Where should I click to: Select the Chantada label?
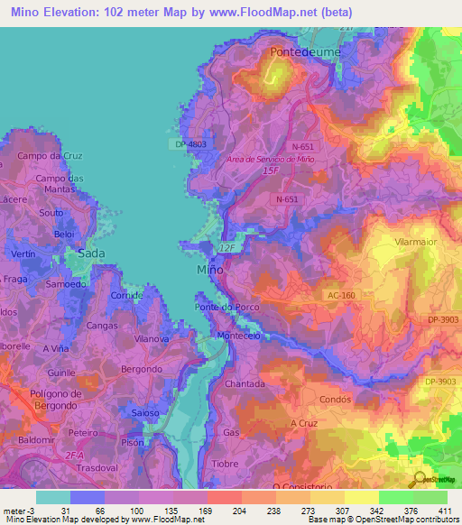coord(245,383)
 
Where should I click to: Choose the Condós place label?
coord(334,399)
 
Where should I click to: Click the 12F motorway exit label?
coord(226,246)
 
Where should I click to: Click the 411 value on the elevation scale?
coord(445,511)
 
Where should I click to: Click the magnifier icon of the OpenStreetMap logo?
coord(419,480)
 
